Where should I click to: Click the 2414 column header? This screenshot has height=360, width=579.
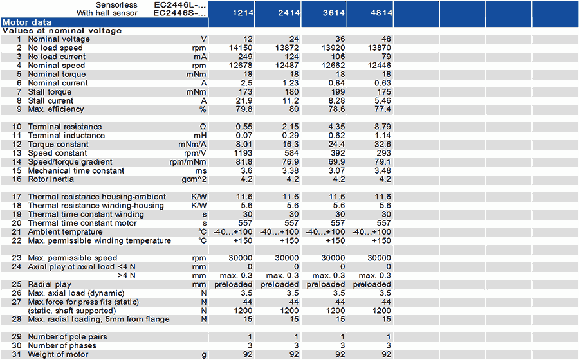(289, 13)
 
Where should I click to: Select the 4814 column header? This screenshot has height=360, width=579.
(381, 13)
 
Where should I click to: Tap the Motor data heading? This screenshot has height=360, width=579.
(27, 22)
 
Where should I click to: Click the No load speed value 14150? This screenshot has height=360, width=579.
(241, 48)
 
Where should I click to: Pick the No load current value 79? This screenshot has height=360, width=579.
(386, 57)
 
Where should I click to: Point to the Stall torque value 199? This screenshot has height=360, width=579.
(338, 92)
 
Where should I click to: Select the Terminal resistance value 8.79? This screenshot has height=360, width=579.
(383, 127)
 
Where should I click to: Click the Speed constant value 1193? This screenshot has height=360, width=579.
(243, 153)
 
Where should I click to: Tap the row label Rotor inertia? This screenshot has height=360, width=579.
(51, 179)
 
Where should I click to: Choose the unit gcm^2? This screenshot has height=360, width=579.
(194, 179)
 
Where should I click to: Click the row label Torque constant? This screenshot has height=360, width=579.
(59, 144)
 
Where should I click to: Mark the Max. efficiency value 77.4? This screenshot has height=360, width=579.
(383, 109)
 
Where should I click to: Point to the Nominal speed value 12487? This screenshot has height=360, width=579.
(287, 66)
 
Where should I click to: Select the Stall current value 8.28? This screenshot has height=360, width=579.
(336, 101)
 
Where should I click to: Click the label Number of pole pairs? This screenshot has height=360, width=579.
(68, 337)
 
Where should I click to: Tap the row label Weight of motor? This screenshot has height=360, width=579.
(59, 354)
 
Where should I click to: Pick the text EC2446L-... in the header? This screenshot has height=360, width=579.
(179, 4)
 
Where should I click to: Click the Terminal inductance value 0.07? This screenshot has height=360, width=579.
(244, 136)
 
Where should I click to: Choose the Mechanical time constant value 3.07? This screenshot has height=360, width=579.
(336, 171)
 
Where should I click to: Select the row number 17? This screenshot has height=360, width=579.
(17, 197)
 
